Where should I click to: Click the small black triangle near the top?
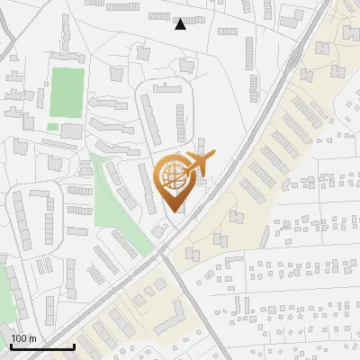tap(180, 24)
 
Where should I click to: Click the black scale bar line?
tap(42, 346)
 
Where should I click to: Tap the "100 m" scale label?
tap(24, 338)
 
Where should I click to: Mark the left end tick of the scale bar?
tap(11, 345)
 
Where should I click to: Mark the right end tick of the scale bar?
tap(74, 345)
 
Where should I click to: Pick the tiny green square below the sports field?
tap(52, 127)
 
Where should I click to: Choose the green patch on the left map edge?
tap(7, 292)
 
